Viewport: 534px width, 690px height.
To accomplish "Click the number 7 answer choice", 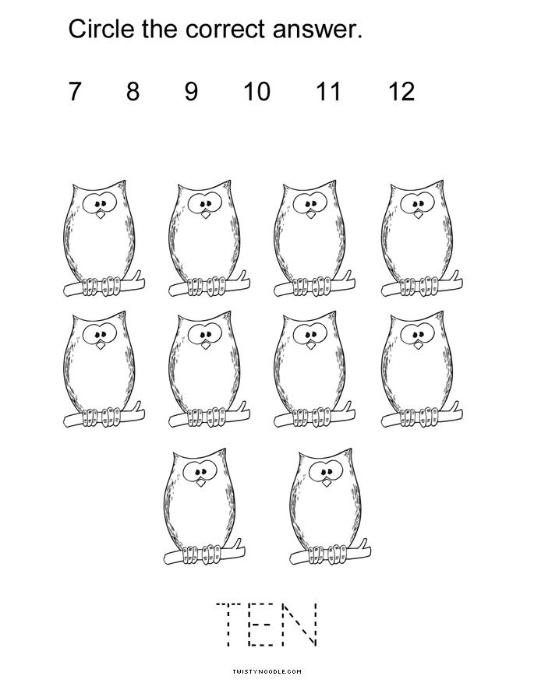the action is pyautogui.click(x=75, y=92).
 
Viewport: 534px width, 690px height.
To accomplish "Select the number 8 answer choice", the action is pyautogui.click(x=133, y=92).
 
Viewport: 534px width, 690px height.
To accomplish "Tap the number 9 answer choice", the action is pyautogui.click(x=191, y=92).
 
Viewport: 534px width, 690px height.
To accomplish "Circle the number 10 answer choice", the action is pyautogui.click(x=257, y=92).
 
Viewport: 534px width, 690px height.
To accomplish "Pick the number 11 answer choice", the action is pyautogui.click(x=329, y=92).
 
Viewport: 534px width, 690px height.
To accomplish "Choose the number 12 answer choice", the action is pyautogui.click(x=401, y=92).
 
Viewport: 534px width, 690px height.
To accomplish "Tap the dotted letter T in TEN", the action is pyautogui.click(x=228, y=624).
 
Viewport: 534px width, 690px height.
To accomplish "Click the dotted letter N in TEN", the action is pyautogui.click(x=299, y=624).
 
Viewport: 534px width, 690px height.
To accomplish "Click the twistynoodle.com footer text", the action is pyautogui.click(x=267, y=671).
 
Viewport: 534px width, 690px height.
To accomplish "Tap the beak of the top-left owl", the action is pyautogui.click(x=101, y=215).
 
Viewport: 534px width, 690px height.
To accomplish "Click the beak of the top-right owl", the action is pyautogui.click(x=418, y=214).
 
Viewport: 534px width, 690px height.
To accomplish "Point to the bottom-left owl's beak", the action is pyautogui.click(x=201, y=482).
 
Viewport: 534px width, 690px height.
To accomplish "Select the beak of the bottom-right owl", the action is pyautogui.click(x=327, y=482).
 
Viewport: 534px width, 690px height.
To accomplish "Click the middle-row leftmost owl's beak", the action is pyautogui.click(x=101, y=345).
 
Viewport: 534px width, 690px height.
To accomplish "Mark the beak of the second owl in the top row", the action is pyautogui.click(x=206, y=215).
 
